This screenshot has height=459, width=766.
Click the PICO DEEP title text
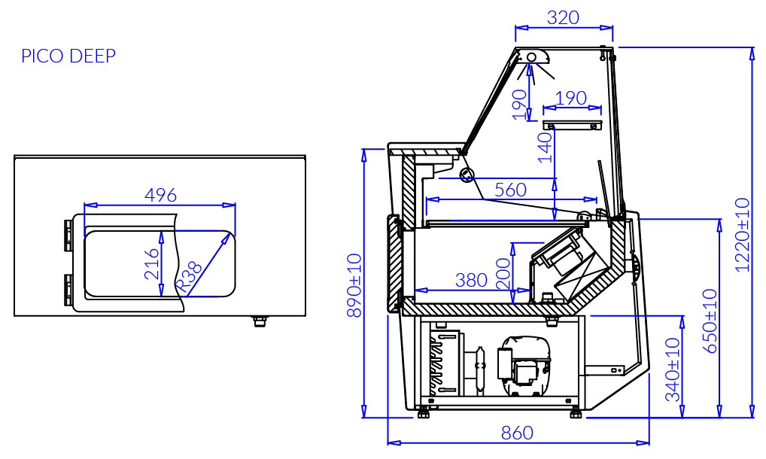(x=68, y=56)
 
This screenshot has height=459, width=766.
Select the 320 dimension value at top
(x=564, y=17)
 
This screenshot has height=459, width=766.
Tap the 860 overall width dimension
(x=518, y=433)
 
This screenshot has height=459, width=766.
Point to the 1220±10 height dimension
(x=742, y=235)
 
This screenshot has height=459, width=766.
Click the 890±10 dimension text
(x=354, y=285)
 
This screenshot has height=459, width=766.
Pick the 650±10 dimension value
(x=710, y=321)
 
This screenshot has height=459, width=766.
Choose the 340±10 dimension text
(x=673, y=369)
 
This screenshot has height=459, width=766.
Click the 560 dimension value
(x=510, y=190)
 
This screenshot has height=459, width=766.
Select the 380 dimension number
(x=472, y=280)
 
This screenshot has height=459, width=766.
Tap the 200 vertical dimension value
(x=503, y=273)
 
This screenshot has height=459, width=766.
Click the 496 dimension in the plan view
(x=161, y=196)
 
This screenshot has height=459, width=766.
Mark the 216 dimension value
(x=152, y=263)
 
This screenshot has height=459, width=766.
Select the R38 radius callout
(x=189, y=277)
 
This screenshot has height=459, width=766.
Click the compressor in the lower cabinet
(x=524, y=365)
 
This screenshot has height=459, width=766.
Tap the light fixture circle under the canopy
(x=531, y=58)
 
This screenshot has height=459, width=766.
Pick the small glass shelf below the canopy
(x=572, y=125)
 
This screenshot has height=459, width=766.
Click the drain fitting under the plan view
(x=260, y=321)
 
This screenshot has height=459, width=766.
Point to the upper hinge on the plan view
(x=68, y=236)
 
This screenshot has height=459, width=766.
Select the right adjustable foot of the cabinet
(x=576, y=412)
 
